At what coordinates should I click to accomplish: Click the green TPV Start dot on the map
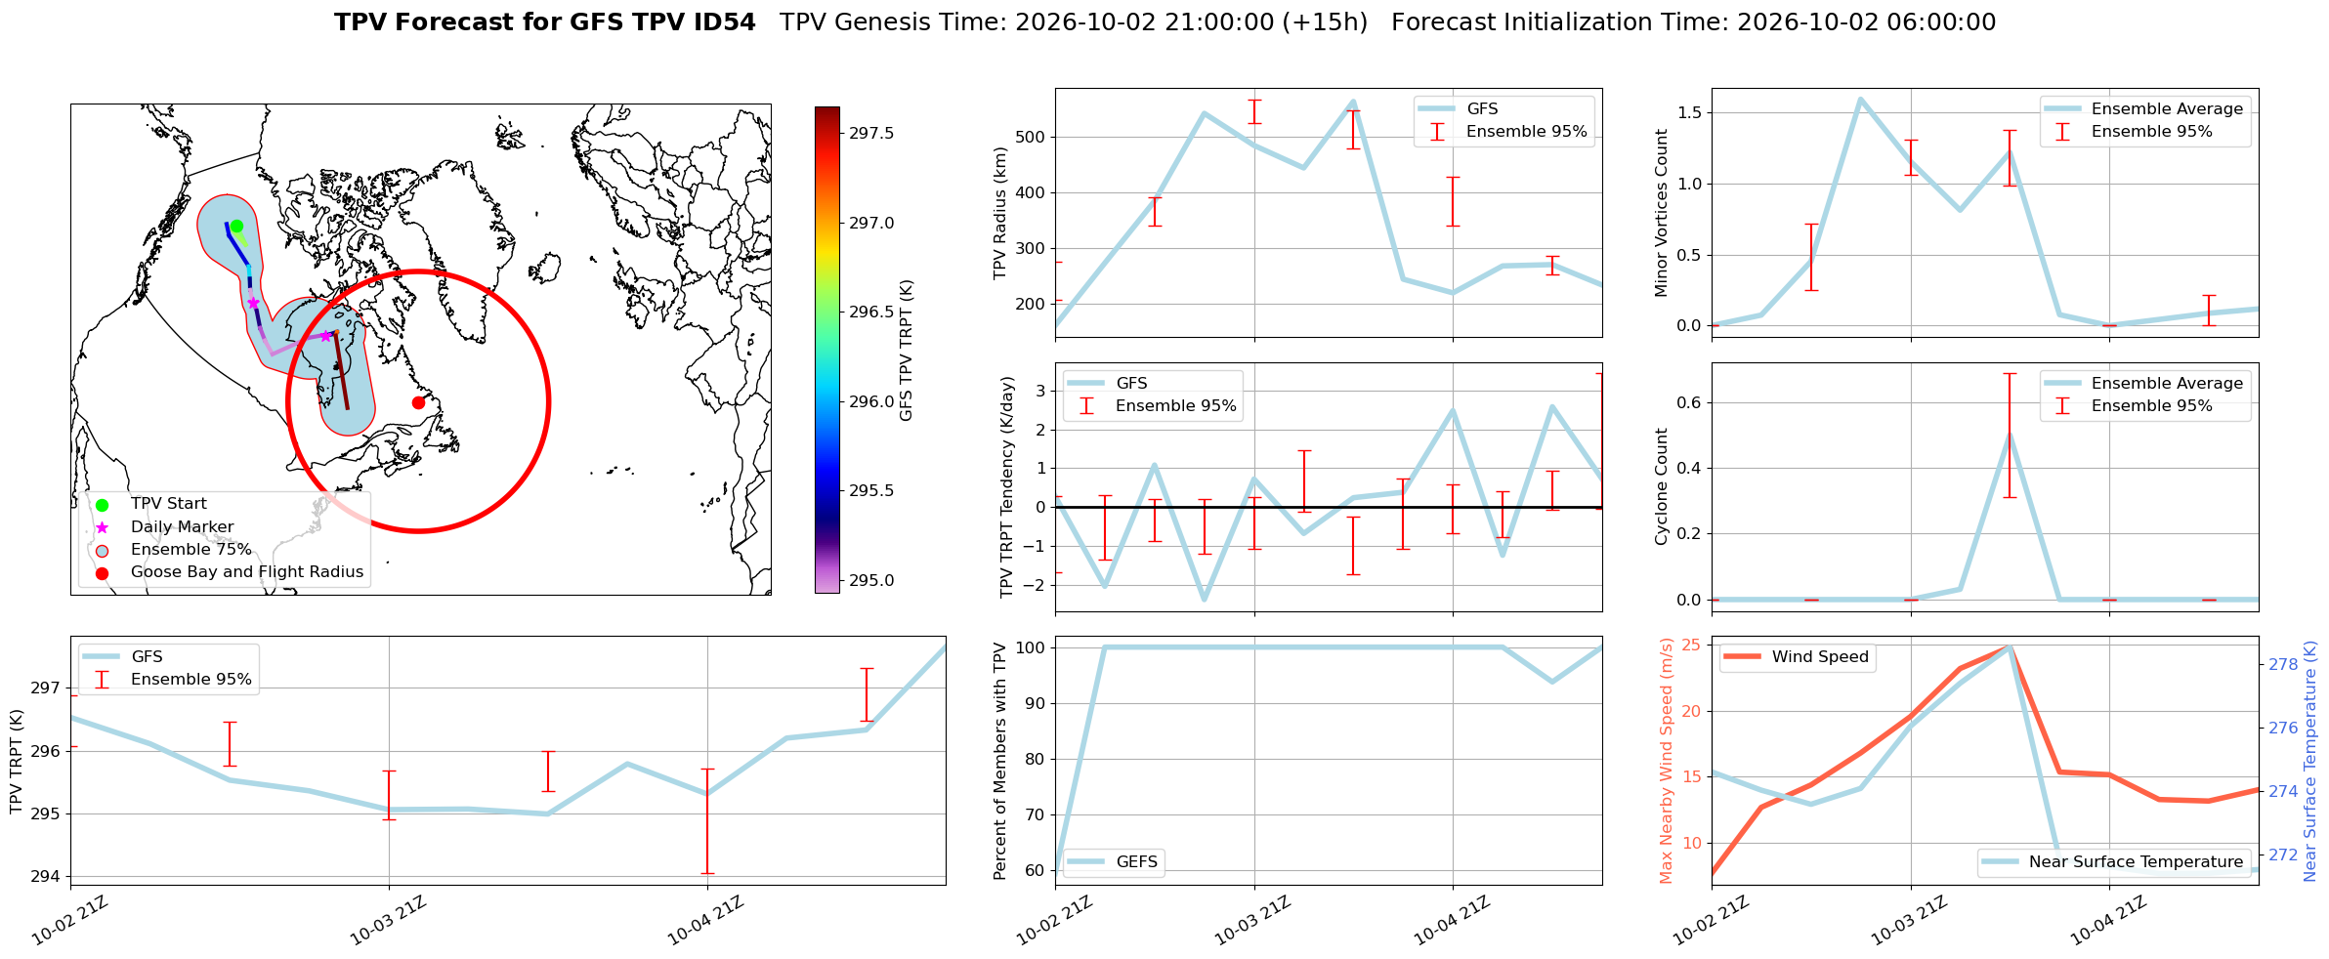pyautogui.click(x=236, y=226)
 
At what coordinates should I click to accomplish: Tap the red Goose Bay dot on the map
pyautogui.click(x=418, y=402)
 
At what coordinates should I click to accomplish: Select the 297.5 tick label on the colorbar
pyautogui.click(x=871, y=133)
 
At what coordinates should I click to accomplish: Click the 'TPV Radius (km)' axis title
pyautogui.click(x=999, y=213)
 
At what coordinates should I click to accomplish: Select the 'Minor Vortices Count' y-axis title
pyautogui.click(x=1662, y=213)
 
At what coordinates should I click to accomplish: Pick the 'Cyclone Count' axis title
pyautogui.click(x=1662, y=486)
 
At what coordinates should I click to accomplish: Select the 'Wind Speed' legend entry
pyautogui.click(x=1796, y=657)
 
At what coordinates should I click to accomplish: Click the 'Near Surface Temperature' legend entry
pyautogui.click(x=2115, y=862)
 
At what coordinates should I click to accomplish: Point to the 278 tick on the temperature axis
pyautogui.click(x=2283, y=665)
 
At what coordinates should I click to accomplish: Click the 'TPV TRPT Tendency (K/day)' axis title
pyautogui.click(x=1007, y=487)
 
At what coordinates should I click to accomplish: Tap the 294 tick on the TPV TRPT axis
pyautogui.click(x=46, y=877)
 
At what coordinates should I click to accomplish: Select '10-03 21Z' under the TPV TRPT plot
pyautogui.click(x=390, y=919)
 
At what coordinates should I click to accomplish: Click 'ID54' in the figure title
pyautogui.click(x=722, y=22)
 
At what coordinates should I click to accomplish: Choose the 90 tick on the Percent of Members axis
pyautogui.click(x=1032, y=703)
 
